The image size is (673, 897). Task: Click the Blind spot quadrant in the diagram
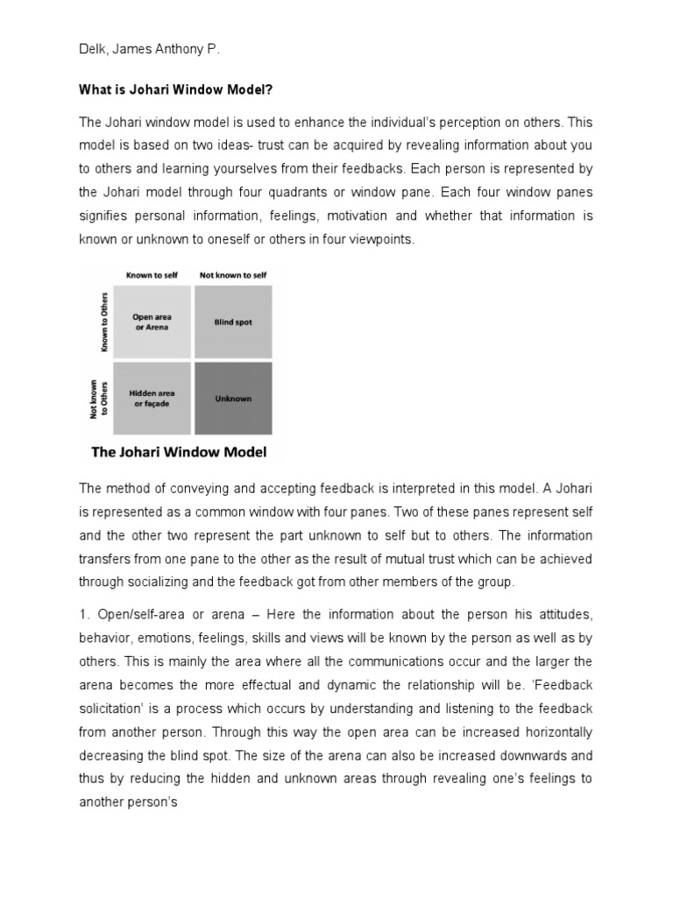[x=233, y=321]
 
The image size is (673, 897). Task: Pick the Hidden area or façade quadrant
[x=152, y=399]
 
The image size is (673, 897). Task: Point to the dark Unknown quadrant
[x=233, y=399]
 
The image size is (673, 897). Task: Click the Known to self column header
[x=152, y=275]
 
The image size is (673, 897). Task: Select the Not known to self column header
[x=233, y=275]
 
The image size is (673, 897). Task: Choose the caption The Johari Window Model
[x=181, y=453]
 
